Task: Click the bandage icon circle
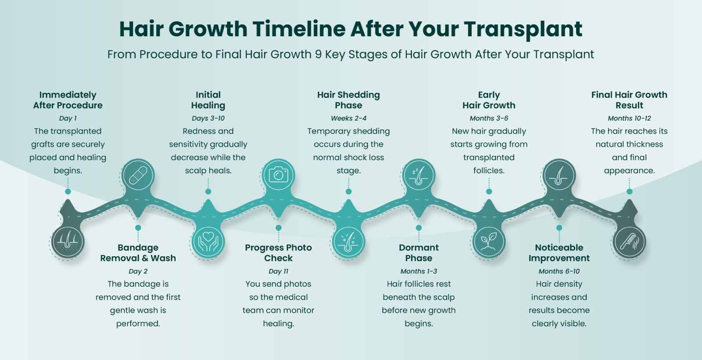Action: [138, 175]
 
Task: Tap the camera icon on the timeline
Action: [278, 175]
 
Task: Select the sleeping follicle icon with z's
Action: [419, 175]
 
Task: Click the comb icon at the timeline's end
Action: [629, 242]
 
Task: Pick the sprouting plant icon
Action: [489, 242]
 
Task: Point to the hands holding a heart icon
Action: [208, 242]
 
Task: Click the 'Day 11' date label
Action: [278, 271]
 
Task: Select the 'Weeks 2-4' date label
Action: [348, 118]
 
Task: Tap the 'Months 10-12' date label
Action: [629, 118]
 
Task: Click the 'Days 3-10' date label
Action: [208, 118]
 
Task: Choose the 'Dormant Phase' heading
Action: [419, 253]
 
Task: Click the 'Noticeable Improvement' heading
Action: [559, 253]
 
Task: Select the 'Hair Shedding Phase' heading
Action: [348, 100]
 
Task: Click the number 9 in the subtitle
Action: [318, 54]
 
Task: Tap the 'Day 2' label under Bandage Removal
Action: [138, 271]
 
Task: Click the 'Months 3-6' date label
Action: [489, 118]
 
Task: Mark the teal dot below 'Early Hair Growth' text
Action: [489, 191]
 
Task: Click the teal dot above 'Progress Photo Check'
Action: [278, 228]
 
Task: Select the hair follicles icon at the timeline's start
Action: [68, 242]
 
